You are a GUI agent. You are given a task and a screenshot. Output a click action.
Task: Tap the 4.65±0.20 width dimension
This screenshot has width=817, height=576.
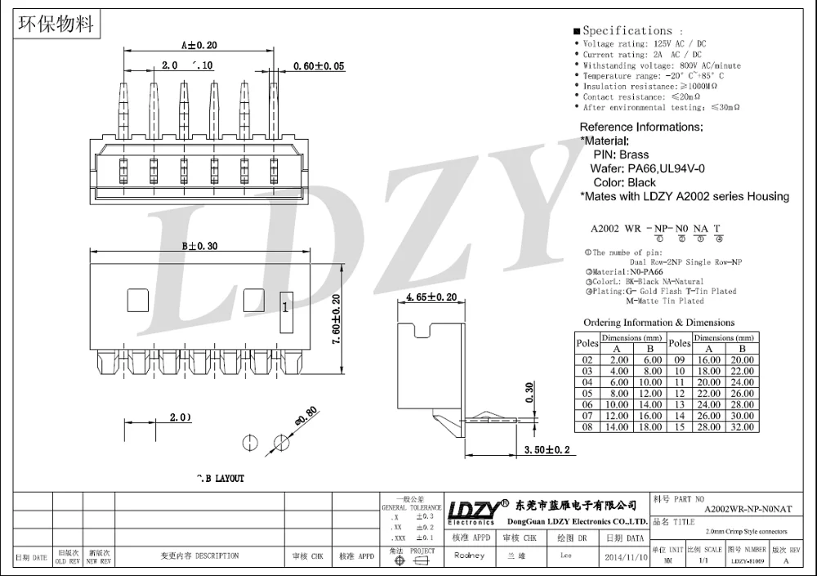click(431, 298)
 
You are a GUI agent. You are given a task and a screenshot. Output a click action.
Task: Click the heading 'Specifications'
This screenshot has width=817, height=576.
click(627, 30)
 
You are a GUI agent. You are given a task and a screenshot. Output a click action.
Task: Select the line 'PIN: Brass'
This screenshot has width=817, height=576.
click(621, 154)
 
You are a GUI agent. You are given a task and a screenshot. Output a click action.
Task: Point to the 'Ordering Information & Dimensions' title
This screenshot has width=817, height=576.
click(659, 323)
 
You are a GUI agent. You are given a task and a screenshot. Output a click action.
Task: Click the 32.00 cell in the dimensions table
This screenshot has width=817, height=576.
click(743, 426)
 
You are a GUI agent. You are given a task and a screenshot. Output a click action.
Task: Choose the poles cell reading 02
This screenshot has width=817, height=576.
click(587, 359)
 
